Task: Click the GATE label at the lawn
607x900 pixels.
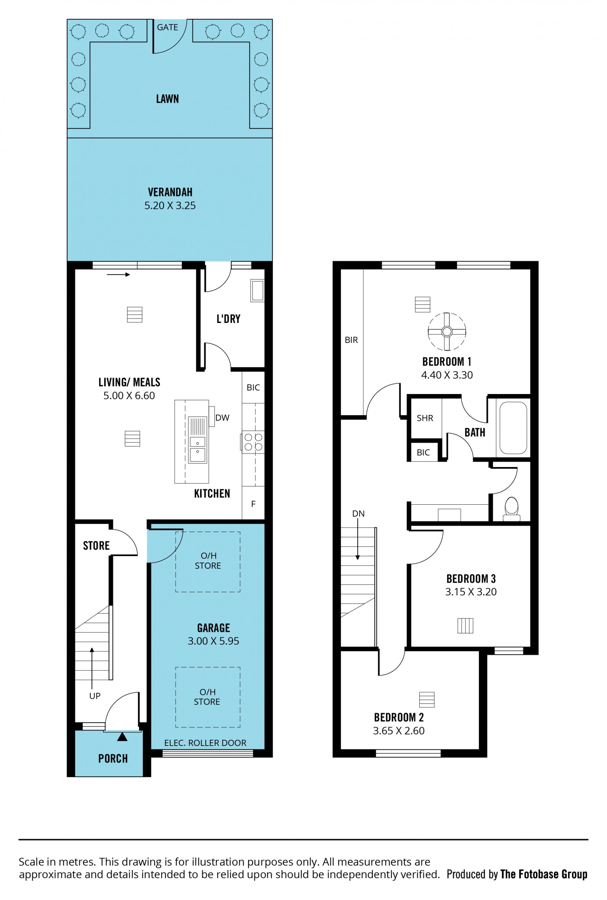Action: point(167,27)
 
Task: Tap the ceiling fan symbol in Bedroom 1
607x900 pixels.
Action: point(447,331)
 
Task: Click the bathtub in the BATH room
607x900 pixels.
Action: point(513,428)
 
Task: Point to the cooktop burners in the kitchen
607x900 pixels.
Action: point(253,442)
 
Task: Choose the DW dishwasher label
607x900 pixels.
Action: point(222,418)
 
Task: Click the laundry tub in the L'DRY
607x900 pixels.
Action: point(257,291)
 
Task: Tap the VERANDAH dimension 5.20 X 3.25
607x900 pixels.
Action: point(170,205)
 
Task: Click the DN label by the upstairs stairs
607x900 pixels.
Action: point(358,514)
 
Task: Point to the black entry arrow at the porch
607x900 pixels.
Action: point(122,736)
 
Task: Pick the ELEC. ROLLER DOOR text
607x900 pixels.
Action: point(205,743)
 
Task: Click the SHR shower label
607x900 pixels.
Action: point(425,418)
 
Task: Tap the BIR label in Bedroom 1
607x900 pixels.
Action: point(351,340)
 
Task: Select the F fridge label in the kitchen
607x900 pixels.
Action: point(253,504)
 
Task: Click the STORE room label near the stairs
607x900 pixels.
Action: point(96,545)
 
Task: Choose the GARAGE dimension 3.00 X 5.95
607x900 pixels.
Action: point(213,641)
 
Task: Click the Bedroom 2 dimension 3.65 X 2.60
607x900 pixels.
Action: point(399,731)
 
